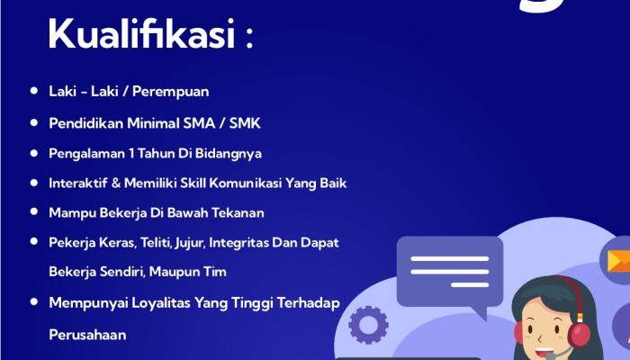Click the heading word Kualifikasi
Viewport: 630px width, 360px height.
click(x=141, y=33)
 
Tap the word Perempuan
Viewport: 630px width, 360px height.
click(x=171, y=92)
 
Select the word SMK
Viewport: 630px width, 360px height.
click(x=245, y=123)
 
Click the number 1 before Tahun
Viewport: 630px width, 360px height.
click(x=131, y=153)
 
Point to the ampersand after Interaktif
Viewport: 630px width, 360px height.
click(x=116, y=183)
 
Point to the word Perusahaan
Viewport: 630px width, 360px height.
click(x=87, y=335)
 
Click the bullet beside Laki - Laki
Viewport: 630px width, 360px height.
click(x=34, y=91)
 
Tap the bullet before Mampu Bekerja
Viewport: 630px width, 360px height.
click(x=34, y=211)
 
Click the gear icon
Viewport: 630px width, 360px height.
click(x=368, y=325)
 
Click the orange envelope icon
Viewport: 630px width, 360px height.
click(x=619, y=261)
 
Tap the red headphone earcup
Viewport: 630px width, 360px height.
click(x=579, y=334)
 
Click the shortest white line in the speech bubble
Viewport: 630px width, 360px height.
click(x=470, y=285)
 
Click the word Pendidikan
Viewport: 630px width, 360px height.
click(x=86, y=123)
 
